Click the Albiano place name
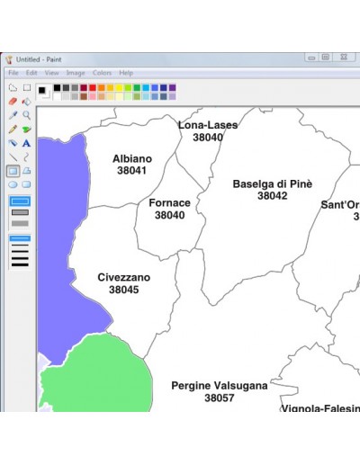[131, 158]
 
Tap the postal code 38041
[131, 170]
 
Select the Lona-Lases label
[208, 125]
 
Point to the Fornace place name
[169, 203]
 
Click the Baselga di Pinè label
[272, 183]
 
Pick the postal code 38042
[272, 195]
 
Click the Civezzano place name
[124, 278]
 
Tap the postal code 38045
[124, 290]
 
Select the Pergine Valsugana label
[220, 386]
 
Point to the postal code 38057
[220, 398]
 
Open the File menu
[13, 73]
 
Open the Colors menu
[102, 73]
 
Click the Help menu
[126, 73]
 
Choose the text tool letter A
[27, 143]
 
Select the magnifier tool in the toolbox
[27, 115]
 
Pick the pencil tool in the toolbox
[13, 129]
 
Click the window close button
[343, 57]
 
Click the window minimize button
[309, 57]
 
